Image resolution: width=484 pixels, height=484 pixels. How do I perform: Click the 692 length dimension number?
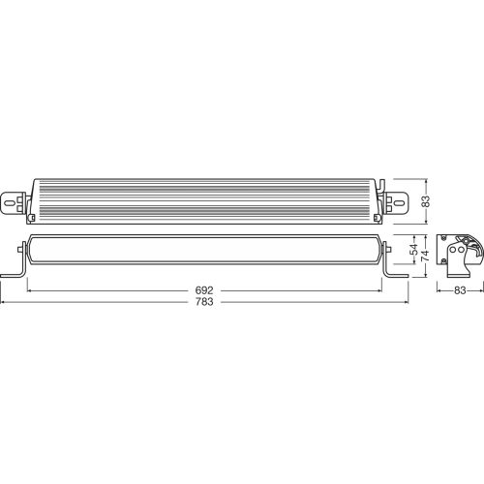(204, 289)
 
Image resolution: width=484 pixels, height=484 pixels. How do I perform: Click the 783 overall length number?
(204, 302)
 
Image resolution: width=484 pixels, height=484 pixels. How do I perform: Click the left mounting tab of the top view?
(17, 201)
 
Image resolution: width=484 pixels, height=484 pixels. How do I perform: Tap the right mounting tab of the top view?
(398, 201)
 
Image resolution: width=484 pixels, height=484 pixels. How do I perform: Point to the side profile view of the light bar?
(456, 254)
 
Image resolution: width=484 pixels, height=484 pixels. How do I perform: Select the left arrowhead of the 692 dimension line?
(30, 289)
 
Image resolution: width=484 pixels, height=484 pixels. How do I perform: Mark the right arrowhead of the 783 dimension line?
(407, 302)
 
